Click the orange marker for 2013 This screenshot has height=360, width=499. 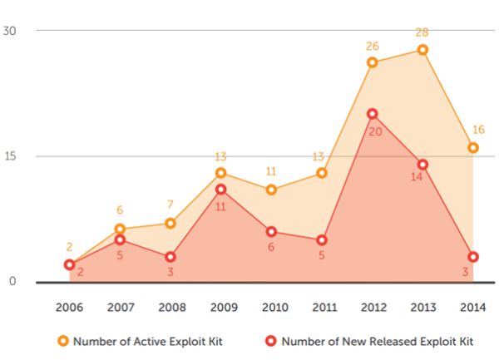(422, 50)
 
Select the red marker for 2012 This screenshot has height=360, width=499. (372, 114)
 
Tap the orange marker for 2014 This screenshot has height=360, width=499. (472, 148)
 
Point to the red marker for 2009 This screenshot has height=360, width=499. (220, 190)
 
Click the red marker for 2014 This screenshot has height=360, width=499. (472, 257)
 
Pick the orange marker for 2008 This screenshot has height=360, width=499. (170, 223)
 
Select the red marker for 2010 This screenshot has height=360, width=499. (271, 232)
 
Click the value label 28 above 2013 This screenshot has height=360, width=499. (422, 32)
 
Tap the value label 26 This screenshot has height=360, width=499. (372, 46)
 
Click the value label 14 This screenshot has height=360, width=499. (417, 176)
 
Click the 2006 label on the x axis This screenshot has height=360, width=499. (70, 307)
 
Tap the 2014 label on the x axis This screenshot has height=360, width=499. (472, 307)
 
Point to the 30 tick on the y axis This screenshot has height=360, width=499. (9, 30)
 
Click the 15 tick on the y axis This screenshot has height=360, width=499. (9, 155)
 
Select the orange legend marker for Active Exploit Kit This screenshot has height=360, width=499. (62, 341)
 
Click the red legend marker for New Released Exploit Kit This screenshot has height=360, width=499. (271, 341)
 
